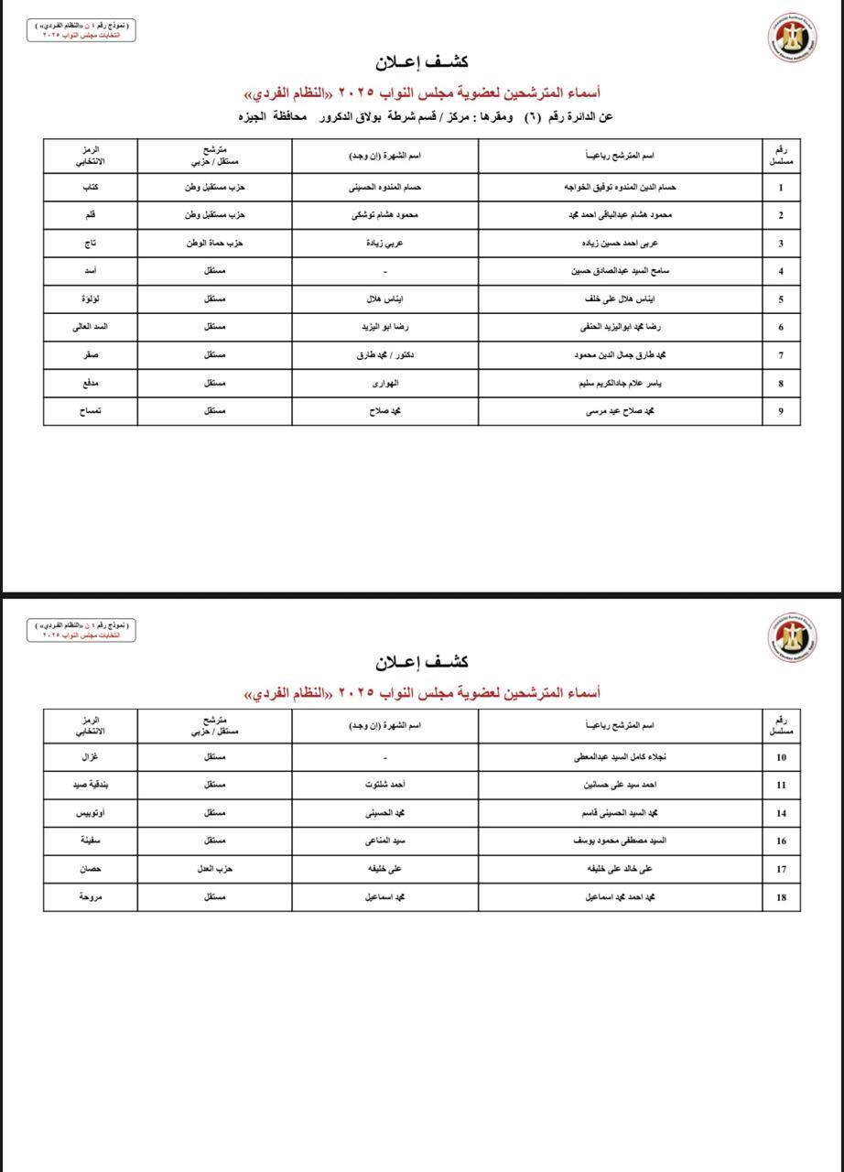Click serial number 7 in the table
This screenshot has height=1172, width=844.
point(781,355)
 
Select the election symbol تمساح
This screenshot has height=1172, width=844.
point(90,411)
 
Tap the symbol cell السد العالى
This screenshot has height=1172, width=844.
point(90,327)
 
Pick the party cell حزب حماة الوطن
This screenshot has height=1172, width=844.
point(214,244)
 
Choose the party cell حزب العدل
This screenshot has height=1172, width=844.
point(214,869)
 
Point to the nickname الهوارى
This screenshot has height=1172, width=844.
point(385,384)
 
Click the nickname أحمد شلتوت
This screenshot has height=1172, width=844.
point(385,786)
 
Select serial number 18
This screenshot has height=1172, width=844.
point(781,897)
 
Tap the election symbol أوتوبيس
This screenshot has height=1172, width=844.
point(90,813)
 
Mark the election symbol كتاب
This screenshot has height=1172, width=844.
point(90,188)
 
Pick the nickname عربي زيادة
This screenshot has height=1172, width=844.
point(385,244)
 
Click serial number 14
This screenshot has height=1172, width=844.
point(781,813)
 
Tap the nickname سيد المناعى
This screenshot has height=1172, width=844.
point(385,841)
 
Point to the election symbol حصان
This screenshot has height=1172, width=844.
point(90,869)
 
